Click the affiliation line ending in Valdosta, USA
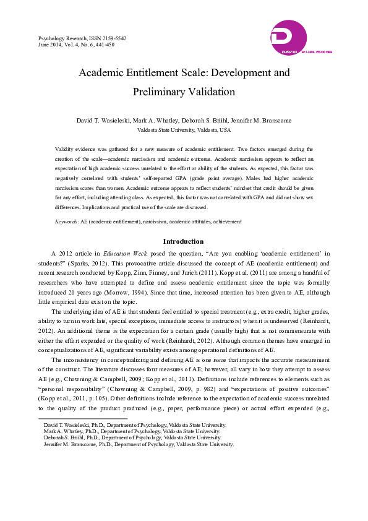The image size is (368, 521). click(184, 130)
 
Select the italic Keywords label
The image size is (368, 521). click(66, 221)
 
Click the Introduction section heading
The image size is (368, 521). click(183, 241)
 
